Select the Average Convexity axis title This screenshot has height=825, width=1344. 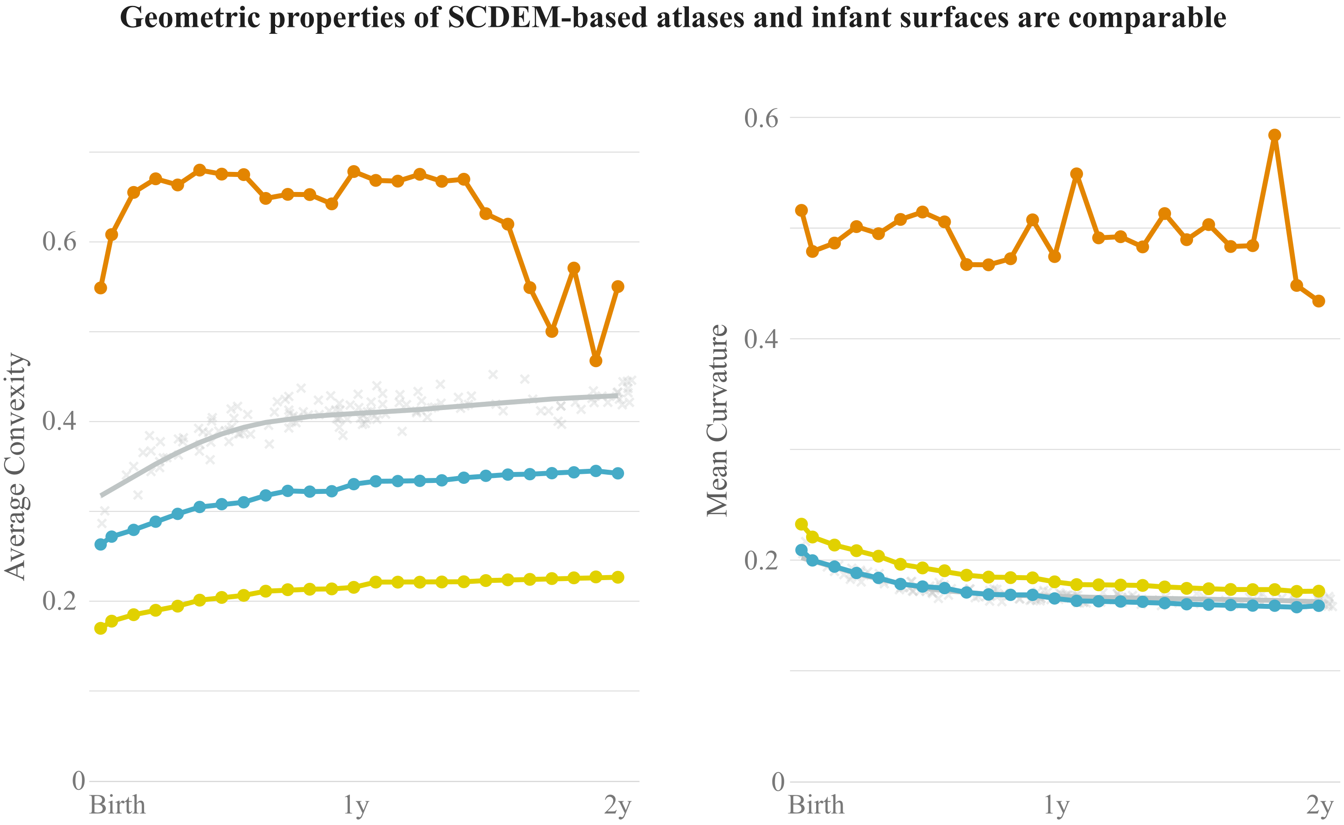point(15,467)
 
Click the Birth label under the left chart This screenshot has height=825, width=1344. point(117,805)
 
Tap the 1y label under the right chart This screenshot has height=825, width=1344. point(1057,805)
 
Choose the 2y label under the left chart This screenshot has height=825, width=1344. point(618,805)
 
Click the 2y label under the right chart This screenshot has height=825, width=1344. point(1320,805)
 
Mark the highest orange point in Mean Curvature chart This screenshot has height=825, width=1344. point(1275,135)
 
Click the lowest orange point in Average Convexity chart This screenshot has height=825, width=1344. point(596,361)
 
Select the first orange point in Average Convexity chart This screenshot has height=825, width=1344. point(100,288)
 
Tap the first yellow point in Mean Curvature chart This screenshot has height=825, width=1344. point(801,524)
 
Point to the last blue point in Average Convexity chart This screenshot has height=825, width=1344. point(618,473)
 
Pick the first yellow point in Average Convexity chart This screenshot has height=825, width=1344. point(100,628)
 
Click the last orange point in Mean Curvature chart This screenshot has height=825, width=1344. point(1319,301)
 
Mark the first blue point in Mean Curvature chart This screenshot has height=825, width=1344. point(801,550)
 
